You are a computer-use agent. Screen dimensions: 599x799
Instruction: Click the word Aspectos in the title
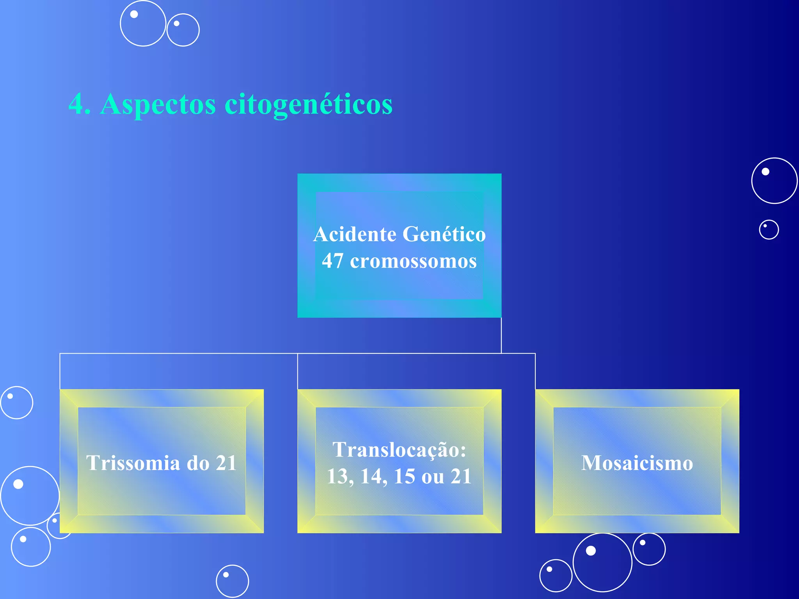(x=158, y=105)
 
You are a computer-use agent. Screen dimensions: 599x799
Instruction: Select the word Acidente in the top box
(x=355, y=234)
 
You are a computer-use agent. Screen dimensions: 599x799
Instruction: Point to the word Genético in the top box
(x=444, y=234)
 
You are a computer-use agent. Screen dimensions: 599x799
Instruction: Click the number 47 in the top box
(x=333, y=261)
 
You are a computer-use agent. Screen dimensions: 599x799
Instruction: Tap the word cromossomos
(x=413, y=261)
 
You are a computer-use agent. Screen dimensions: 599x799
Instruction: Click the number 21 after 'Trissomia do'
(x=226, y=463)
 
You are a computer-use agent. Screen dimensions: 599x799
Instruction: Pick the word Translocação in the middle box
(x=399, y=450)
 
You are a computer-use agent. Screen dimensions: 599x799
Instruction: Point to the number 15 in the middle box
(x=405, y=476)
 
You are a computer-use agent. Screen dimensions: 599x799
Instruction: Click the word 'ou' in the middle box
(x=433, y=477)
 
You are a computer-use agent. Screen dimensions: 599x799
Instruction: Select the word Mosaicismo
(x=637, y=463)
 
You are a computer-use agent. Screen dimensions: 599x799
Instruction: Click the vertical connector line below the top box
(x=501, y=335)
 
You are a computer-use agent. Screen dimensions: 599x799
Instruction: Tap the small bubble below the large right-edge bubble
(x=769, y=230)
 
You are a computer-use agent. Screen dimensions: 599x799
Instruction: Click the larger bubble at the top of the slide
(x=143, y=23)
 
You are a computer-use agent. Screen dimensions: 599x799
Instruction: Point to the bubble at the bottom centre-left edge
(x=232, y=581)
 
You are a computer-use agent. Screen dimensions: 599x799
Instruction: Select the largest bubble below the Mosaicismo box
(x=602, y=562)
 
